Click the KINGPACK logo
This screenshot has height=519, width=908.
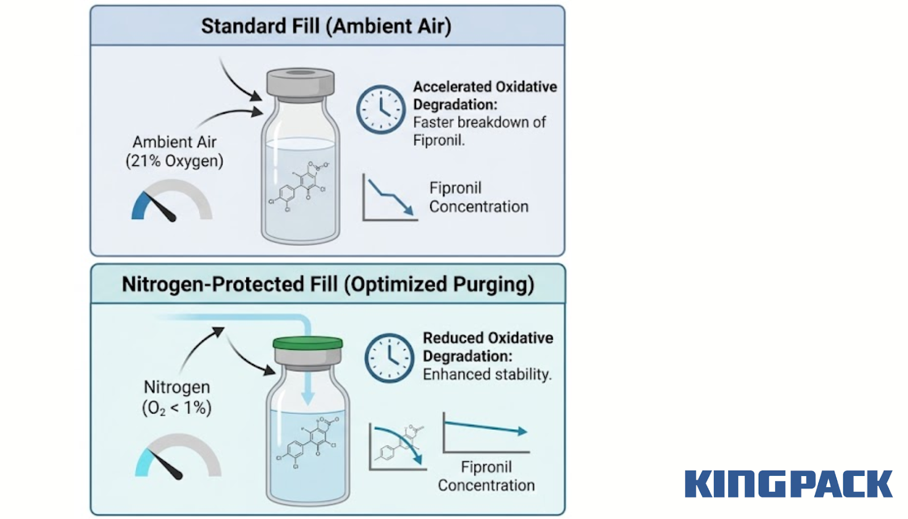pyautogui.click(x=788, y=484)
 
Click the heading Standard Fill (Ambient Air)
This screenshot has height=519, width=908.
pyautogui.click(x=326, y=26)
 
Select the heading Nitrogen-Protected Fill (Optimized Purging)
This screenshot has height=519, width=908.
pyautogui.click(x=328, y=284)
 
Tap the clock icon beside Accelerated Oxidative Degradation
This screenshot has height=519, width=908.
pyautogui.click(x=381, y=110)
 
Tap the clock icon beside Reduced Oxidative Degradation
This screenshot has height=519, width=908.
pyautogui.click(x=389, y=358)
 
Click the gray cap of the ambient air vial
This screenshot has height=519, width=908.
pyautogui.click(x=300, y=83)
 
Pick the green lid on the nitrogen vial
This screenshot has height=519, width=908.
pyautogui.click(x=308, y=343)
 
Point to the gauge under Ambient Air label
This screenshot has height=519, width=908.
pyautogui.click(x=171, y=201)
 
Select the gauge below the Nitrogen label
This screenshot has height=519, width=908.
pyautogui.click(x=178, y=457)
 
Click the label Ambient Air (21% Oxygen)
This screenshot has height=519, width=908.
pyautogui.click(x=174, y=152)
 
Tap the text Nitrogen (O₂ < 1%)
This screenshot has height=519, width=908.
pyautogui.click(x=176, y=397)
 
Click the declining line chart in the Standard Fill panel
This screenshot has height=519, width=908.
pyautogui.click(x=389, y=198)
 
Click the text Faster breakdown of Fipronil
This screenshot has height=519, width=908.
pyautogui.click(x=479, y=131)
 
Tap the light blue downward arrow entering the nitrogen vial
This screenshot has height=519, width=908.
pyautogui.click(x=307, y=392)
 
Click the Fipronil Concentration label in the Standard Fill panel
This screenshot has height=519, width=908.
pyautogui.click(x=478, y=197)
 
